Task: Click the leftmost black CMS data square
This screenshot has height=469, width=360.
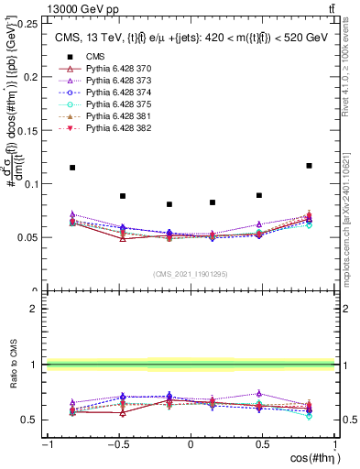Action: pyautogui.click(x=72, y=168)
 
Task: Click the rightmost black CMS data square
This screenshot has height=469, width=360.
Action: pyautogui.click(x=309, y=166)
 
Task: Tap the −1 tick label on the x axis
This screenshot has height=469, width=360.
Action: pyautogui.click(x=46, y=445)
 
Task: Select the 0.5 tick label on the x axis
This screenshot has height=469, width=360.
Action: pyautogui.click(x=263, y=445)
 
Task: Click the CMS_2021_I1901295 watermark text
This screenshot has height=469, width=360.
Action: pyautogui.click(x=190, y=274)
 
